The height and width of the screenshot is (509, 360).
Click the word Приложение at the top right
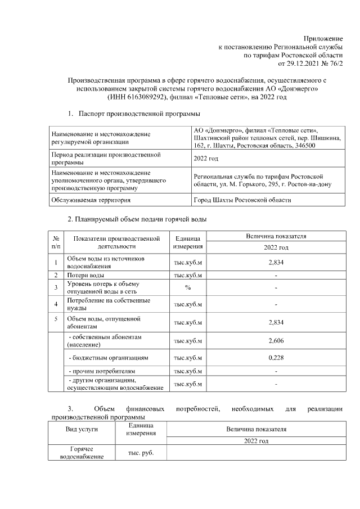pos(323,38)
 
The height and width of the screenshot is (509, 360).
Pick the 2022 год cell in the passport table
pos(205,159)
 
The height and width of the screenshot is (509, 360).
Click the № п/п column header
pos(56,242)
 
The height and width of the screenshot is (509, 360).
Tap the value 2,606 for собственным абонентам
pos(276,341)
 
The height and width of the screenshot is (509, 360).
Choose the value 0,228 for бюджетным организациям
pos(276,358)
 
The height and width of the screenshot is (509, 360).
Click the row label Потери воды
pos(85,276)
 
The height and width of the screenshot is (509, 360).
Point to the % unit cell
pos(188,287)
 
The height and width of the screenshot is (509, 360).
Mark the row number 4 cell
pos(56,304)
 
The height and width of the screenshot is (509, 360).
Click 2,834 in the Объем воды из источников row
pos(276,262)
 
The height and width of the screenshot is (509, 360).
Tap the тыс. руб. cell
pos(133,453)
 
